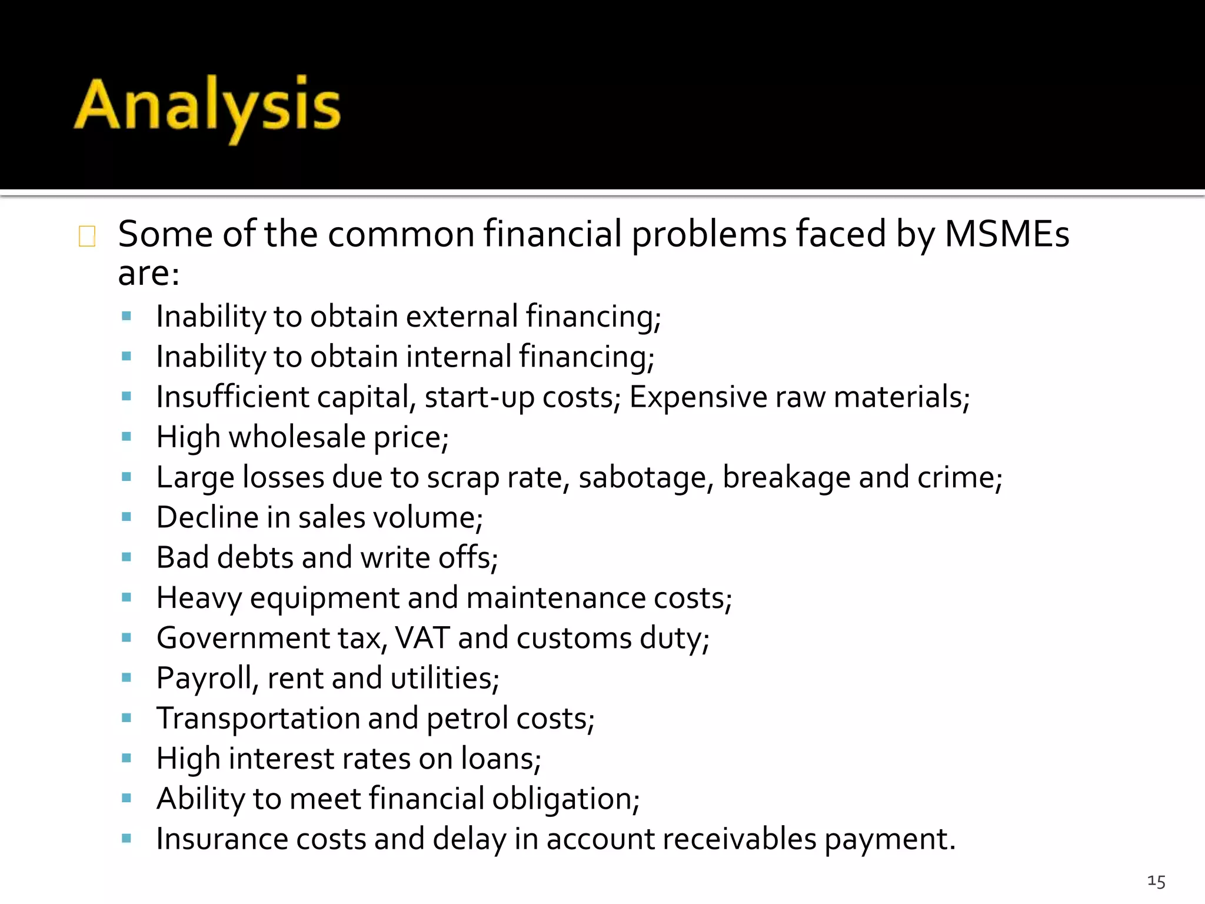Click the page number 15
click(1156, 881)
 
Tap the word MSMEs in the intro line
click(1007, 234)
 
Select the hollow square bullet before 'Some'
click(87, 236)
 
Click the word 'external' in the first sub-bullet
click(461, 317)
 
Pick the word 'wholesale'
click(297, 437)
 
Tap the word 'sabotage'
click(642, 477)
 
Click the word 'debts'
click(255, 557)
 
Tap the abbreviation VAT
click(422, 638)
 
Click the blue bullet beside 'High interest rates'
click(126, 758)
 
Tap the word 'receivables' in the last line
click(740, 839)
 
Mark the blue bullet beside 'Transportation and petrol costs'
click(126, 718)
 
